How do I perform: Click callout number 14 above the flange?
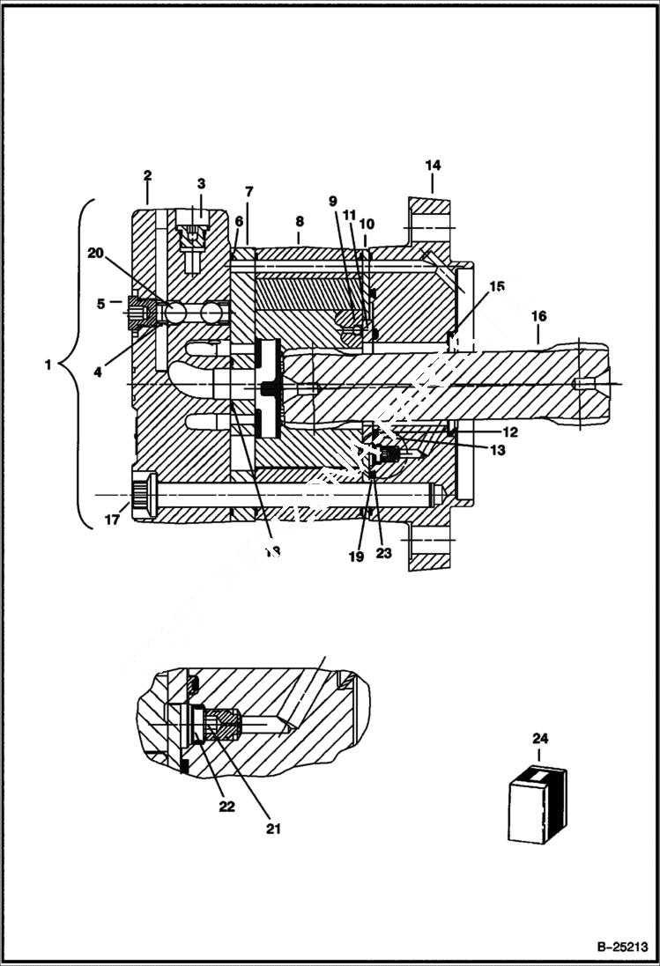433,165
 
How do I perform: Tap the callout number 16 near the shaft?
538,315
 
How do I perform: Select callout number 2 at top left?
147,176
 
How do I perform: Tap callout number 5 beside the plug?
101,303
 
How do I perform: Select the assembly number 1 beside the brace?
48,365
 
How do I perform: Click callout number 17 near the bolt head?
113,520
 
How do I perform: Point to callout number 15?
498,286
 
